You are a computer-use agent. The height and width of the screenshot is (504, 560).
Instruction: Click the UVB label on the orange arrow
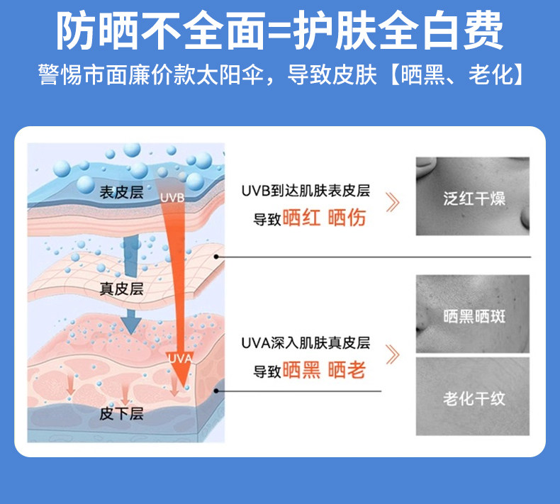172,198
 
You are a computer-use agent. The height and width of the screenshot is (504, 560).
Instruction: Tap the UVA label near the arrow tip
180,358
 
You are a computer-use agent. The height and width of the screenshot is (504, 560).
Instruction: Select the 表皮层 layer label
121,193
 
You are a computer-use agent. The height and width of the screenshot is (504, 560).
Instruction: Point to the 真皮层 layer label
121,289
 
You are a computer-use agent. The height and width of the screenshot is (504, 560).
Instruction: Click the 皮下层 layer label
121,414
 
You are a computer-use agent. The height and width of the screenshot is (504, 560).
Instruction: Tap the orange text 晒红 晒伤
324,218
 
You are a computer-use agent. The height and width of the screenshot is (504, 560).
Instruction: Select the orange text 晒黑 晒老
324,370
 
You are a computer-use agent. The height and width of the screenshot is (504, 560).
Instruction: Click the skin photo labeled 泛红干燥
473,196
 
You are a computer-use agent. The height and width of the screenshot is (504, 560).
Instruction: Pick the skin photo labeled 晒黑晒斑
473,314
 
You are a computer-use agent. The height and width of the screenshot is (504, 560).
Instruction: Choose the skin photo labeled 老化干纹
473,396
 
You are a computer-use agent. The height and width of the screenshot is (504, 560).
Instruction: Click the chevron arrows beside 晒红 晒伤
393,203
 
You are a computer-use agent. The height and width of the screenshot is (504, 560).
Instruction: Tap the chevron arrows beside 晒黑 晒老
393,354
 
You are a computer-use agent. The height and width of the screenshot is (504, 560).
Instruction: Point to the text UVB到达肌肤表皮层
306,191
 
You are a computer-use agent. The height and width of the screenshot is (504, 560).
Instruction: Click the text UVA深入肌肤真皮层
306,343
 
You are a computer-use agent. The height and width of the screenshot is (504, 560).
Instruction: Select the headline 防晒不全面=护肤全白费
280,30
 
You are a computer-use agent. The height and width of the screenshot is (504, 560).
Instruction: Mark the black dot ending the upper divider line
216,257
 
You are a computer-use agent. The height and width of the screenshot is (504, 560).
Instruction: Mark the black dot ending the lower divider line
216,391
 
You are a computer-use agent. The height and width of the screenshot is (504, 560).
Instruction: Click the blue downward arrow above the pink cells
131,322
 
